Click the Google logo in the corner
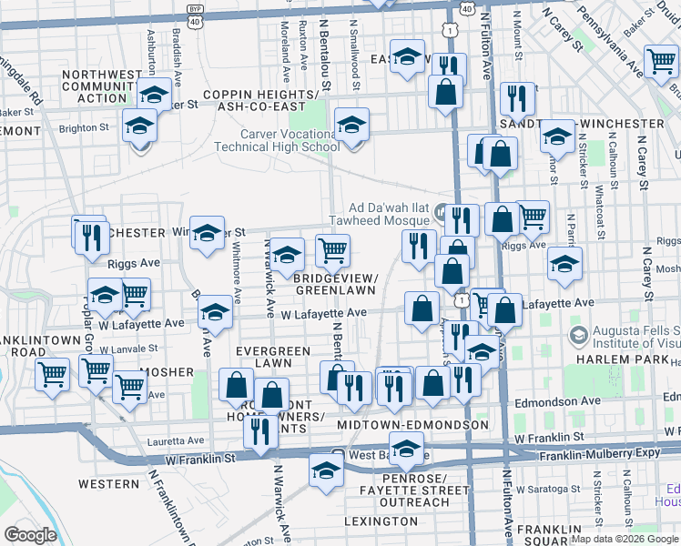tap(30, 535)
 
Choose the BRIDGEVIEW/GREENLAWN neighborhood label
tap(335, 284)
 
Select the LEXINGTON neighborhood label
tap(380, 521)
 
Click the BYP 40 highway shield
tap(195, 10)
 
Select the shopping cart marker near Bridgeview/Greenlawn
tap(333, 248)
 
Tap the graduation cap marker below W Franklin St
tap(326, 470)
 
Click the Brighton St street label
tap(85, 128)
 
